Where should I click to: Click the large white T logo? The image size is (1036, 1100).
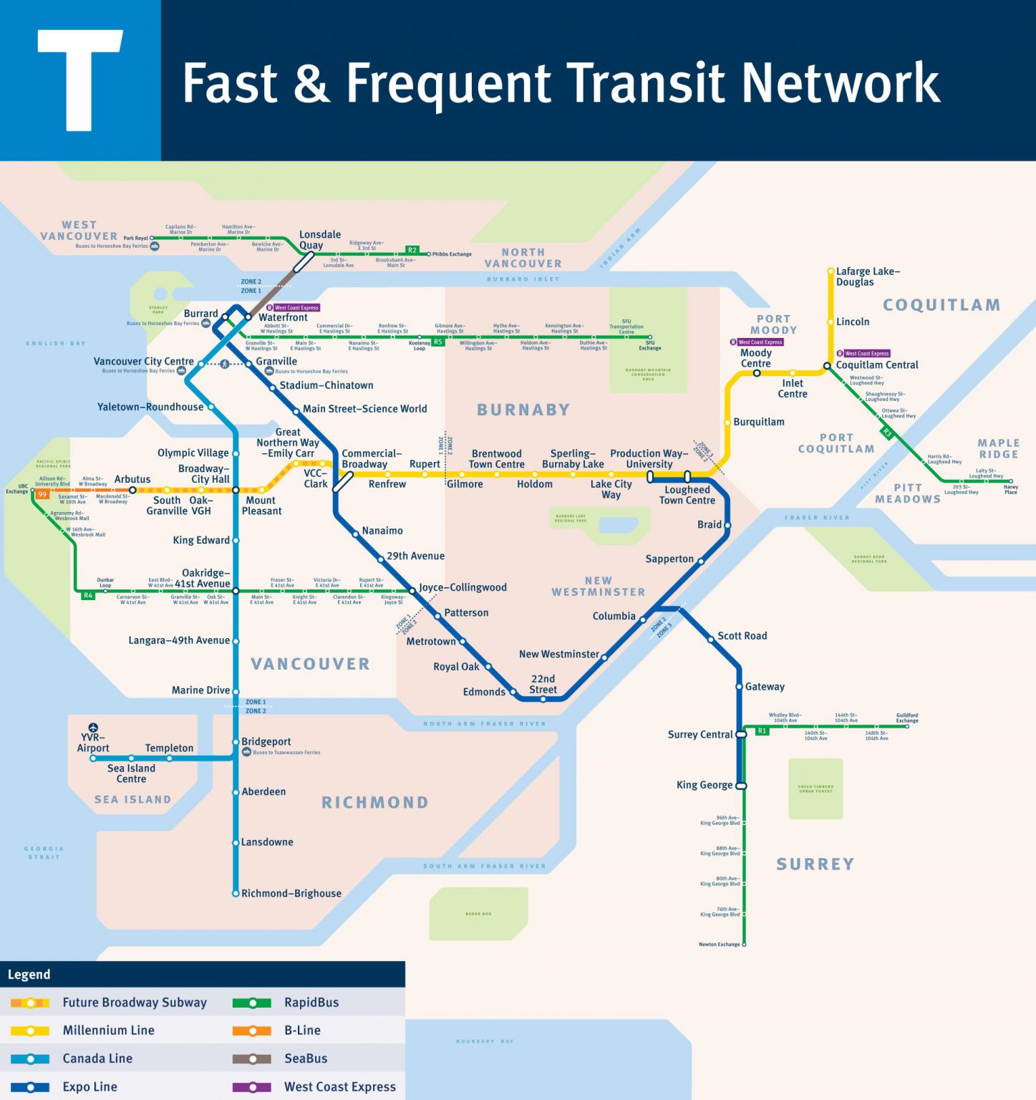tap(80, 80)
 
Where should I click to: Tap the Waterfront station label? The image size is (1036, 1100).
tap(283, 317)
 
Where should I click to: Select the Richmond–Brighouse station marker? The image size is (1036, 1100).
tap(236, 893)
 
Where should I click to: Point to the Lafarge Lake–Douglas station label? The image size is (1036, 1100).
tap(868, 276)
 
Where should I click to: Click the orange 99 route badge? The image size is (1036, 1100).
tap(42, 494)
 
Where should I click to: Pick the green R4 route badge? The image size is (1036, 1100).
tap(88, 595)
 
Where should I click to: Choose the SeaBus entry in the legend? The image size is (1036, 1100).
tap(306, 1058)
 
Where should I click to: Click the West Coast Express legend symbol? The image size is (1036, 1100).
tap(252, 1086)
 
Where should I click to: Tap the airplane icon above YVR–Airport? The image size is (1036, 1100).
tap(93, 728)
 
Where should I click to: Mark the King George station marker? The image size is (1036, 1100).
tap(741, 786)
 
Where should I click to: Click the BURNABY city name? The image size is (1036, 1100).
tap(523, 410)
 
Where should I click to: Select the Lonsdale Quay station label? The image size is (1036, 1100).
tap(319, 240)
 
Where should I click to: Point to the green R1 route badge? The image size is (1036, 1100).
tap(762, 730)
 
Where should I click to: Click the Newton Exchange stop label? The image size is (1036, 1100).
tap(719, 944)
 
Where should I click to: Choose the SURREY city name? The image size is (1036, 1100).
tap(815, 864)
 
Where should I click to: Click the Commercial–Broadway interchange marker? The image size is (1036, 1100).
tap(343, 481)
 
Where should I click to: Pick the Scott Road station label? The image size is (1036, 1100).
tap(742, 636)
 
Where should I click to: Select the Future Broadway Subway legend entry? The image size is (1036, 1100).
tap(135, 1003)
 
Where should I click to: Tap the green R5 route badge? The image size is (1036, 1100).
tap(437, 342)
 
